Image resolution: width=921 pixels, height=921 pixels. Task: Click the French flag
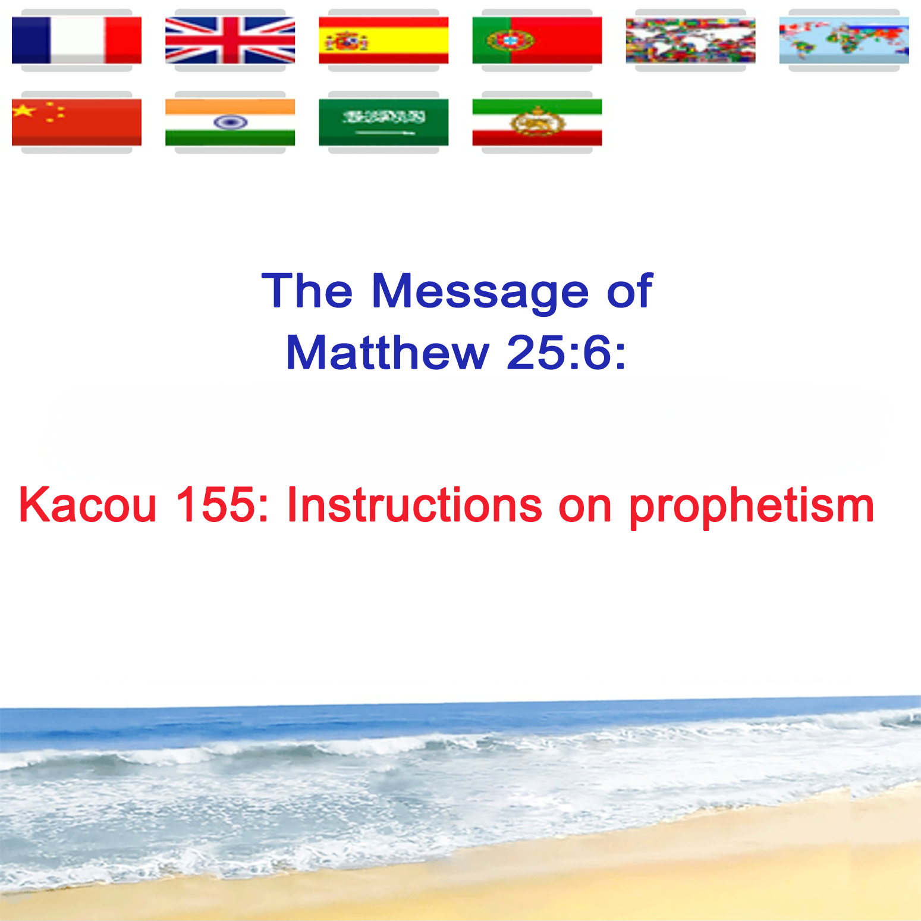(x=77, y=40)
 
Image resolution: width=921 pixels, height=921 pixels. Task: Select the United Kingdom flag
(x=230, y=40)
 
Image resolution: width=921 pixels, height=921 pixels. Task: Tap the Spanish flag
(x=384, y=40)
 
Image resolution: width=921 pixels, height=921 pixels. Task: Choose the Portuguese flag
(x=537, y=40)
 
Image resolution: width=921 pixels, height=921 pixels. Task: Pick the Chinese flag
(x=77, y=122)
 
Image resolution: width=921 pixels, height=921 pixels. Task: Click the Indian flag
(x=230, y=122)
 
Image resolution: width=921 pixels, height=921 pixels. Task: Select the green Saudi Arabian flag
(x=384, y=122)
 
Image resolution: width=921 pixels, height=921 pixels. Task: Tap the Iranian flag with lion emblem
(x=537, y=122)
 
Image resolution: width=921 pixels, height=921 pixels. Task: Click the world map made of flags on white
(x=690, y=40)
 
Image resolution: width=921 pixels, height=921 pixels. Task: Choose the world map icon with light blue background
(x=844, y=40)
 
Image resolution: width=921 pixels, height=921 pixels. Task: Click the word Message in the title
(x=480, y=291)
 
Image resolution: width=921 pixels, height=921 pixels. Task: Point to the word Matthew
(x=388, y=353)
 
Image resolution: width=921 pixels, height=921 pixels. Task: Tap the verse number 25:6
(x=566, y=353)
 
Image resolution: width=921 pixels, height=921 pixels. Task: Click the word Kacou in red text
(x=87, y=505)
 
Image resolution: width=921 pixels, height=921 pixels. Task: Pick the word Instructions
(x=414, y=505)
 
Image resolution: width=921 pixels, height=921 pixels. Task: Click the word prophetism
(x=752, y=507)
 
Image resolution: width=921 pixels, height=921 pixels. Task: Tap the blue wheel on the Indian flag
(x=231, y=122)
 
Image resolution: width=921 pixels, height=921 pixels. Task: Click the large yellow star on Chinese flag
(x=24, y=110)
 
